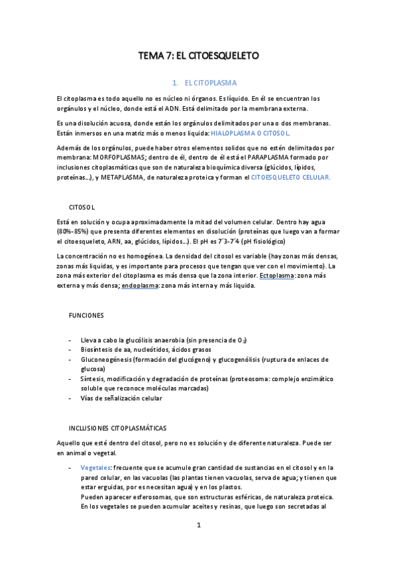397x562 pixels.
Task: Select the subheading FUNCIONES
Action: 87,315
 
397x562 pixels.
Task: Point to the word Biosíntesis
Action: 99,348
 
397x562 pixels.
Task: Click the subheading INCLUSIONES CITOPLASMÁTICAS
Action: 118,428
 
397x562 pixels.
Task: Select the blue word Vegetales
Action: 96,467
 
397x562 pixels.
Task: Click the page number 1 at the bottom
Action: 198,526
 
